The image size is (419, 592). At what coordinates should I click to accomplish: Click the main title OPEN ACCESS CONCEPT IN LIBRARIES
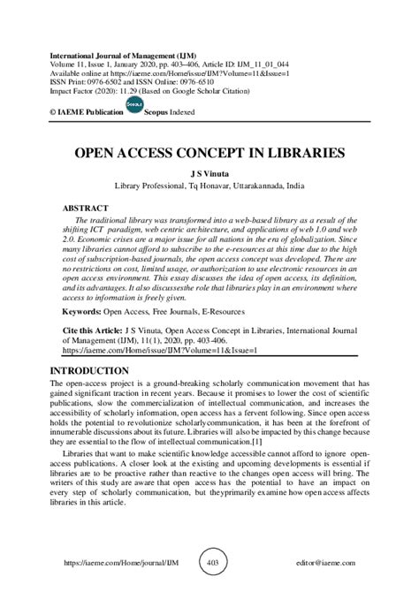pyautogui.click(x=209, y=153)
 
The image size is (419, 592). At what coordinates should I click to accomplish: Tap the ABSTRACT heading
pyautogui.click(x=87, y=209)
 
